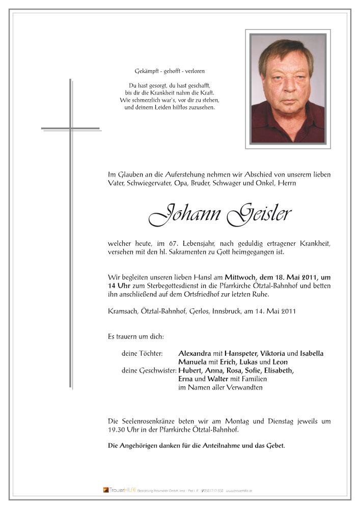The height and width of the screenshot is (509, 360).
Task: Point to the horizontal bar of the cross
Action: (x=70, y=128)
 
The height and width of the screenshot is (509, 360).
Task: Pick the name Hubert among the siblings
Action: (x=190, y=371)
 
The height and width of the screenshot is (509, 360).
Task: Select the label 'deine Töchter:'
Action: (x=142, y=353)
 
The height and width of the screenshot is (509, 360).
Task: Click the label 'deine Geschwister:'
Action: (x=149, y=371)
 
